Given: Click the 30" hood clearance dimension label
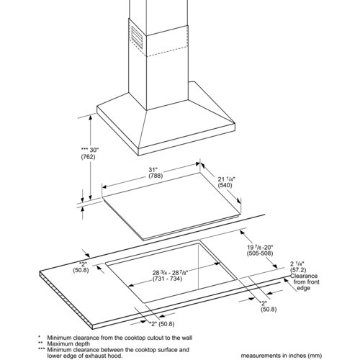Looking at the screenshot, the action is coord(94,150).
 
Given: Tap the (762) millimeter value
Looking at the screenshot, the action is coord(88,157).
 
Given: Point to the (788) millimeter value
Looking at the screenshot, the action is coord(156,176).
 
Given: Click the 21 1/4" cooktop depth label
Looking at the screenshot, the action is coord(227,179).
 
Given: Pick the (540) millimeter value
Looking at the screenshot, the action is coord(225,185).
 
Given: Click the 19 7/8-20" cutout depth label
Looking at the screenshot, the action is coord(260,247).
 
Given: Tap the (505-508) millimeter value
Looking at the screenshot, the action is coord(260,253).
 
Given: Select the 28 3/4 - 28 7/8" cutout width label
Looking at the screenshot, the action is coord(170,273).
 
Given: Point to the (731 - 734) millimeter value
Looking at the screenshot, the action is coord(167,279).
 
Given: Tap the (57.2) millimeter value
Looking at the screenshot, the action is coord(298,270).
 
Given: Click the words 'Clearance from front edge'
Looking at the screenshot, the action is coord(305,282).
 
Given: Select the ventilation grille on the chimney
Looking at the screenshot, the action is coord(137,37).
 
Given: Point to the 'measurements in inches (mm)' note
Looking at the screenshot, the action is coord(281,356).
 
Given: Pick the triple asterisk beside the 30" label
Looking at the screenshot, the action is coord(85,149).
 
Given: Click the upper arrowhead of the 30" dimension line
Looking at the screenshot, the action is coord(91,117).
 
